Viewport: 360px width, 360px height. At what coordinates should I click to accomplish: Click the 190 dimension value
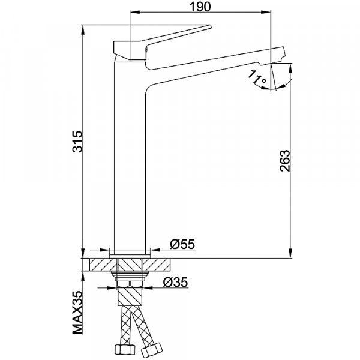[200, 7]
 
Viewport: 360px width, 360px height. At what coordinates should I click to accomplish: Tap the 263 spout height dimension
[285, 160]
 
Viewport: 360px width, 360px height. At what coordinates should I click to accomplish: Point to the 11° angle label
[257, 77]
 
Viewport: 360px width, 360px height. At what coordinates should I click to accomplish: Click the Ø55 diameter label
[182, 244]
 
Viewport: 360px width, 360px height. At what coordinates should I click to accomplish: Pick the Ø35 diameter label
[175, 282]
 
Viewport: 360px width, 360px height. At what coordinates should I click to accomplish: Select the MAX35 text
[77, 313]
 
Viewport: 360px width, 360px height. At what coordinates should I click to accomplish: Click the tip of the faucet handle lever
[211, 26]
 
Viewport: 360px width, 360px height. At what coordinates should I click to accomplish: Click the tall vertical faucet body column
[130, 158]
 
